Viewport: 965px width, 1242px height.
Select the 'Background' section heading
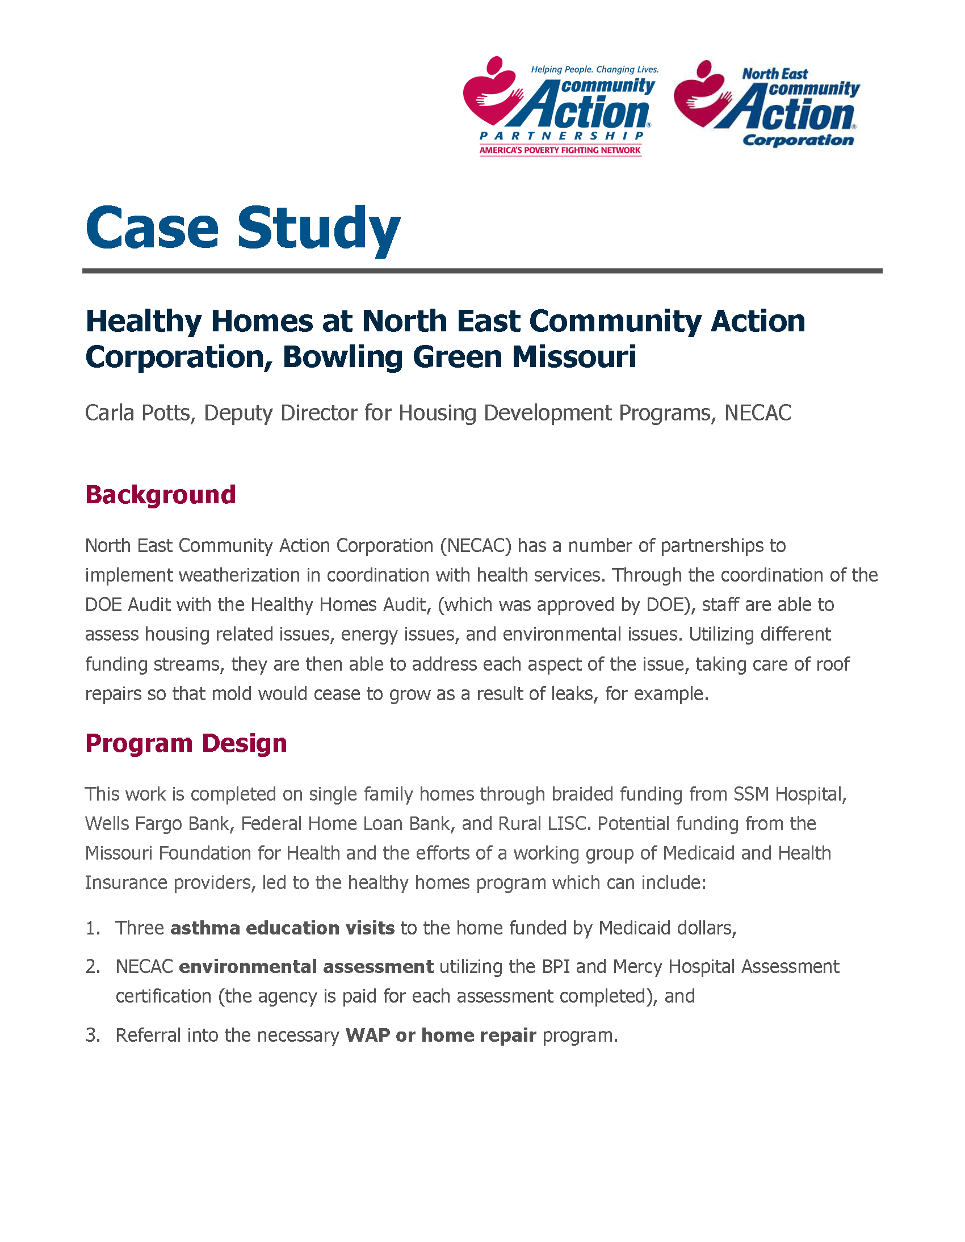161,495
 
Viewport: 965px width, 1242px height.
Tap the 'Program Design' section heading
186,743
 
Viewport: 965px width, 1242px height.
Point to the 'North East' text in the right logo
774,74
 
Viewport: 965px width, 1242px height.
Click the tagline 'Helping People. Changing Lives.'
594,69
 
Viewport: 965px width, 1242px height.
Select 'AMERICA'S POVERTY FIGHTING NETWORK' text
560,150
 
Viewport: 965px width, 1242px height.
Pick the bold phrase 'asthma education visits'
282,928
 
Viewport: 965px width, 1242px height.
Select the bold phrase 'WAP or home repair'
440,1035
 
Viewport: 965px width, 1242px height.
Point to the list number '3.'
93,1035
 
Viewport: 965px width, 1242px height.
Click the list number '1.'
93,928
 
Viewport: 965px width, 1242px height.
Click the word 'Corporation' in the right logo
798,140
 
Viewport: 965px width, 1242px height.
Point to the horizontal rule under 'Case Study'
482,271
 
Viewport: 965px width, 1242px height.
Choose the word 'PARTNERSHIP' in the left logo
561,136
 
